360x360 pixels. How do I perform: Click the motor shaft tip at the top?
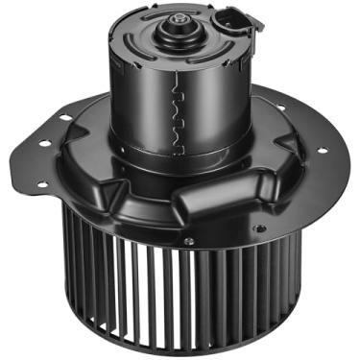(179, 16)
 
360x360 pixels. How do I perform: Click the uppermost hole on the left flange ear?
(64, 117)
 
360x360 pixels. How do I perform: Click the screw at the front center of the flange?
(189, 240)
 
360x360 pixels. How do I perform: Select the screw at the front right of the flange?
(256, 228)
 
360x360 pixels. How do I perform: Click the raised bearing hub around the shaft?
(179, 35)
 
